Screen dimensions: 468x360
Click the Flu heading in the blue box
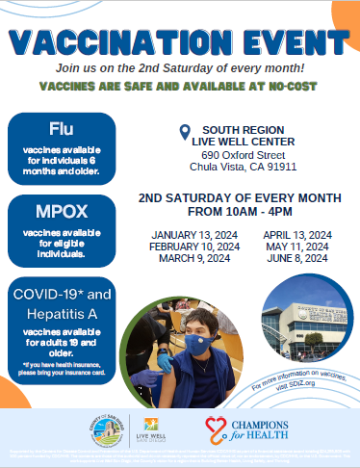(61, 127)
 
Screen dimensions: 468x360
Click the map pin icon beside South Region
(185, 135)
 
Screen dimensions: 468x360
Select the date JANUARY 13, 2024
(192, 235)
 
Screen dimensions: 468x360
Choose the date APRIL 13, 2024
(297, 235)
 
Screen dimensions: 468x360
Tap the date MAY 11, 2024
(297, 247)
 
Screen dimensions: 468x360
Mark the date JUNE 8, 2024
(297, 258)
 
